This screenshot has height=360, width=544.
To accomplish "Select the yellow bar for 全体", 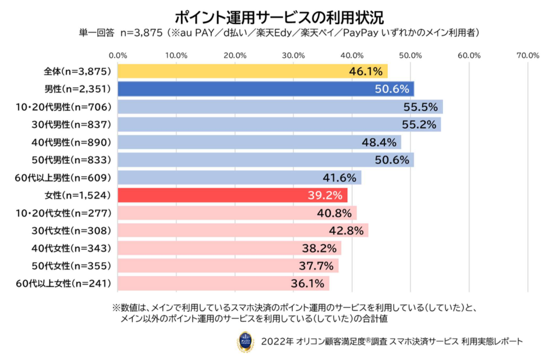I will pos(252,71).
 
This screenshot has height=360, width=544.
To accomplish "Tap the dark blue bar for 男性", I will pos(265,89).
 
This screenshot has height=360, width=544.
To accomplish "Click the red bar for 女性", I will pos(233,195).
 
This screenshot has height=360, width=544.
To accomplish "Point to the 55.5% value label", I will pos(420,107).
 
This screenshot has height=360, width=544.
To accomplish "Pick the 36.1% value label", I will pos(307,283).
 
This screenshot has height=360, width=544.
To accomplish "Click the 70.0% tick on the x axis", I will pos(528,55).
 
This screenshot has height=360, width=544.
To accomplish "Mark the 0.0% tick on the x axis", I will pos(118,55).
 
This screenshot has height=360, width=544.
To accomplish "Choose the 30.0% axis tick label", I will pos(293,55).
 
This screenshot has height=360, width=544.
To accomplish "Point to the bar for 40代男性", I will pos(259,142).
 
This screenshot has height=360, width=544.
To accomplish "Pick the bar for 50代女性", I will pos(228,266).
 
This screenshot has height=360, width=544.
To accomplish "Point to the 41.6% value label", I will pos(339,178).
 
